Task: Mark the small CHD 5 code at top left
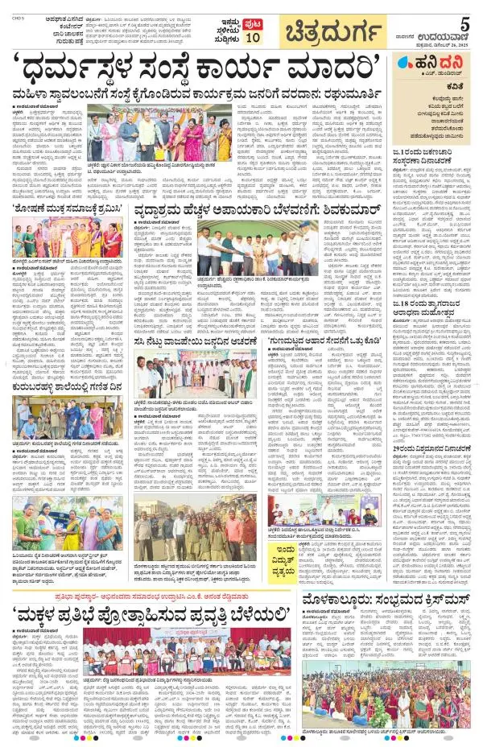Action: point(14,6)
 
